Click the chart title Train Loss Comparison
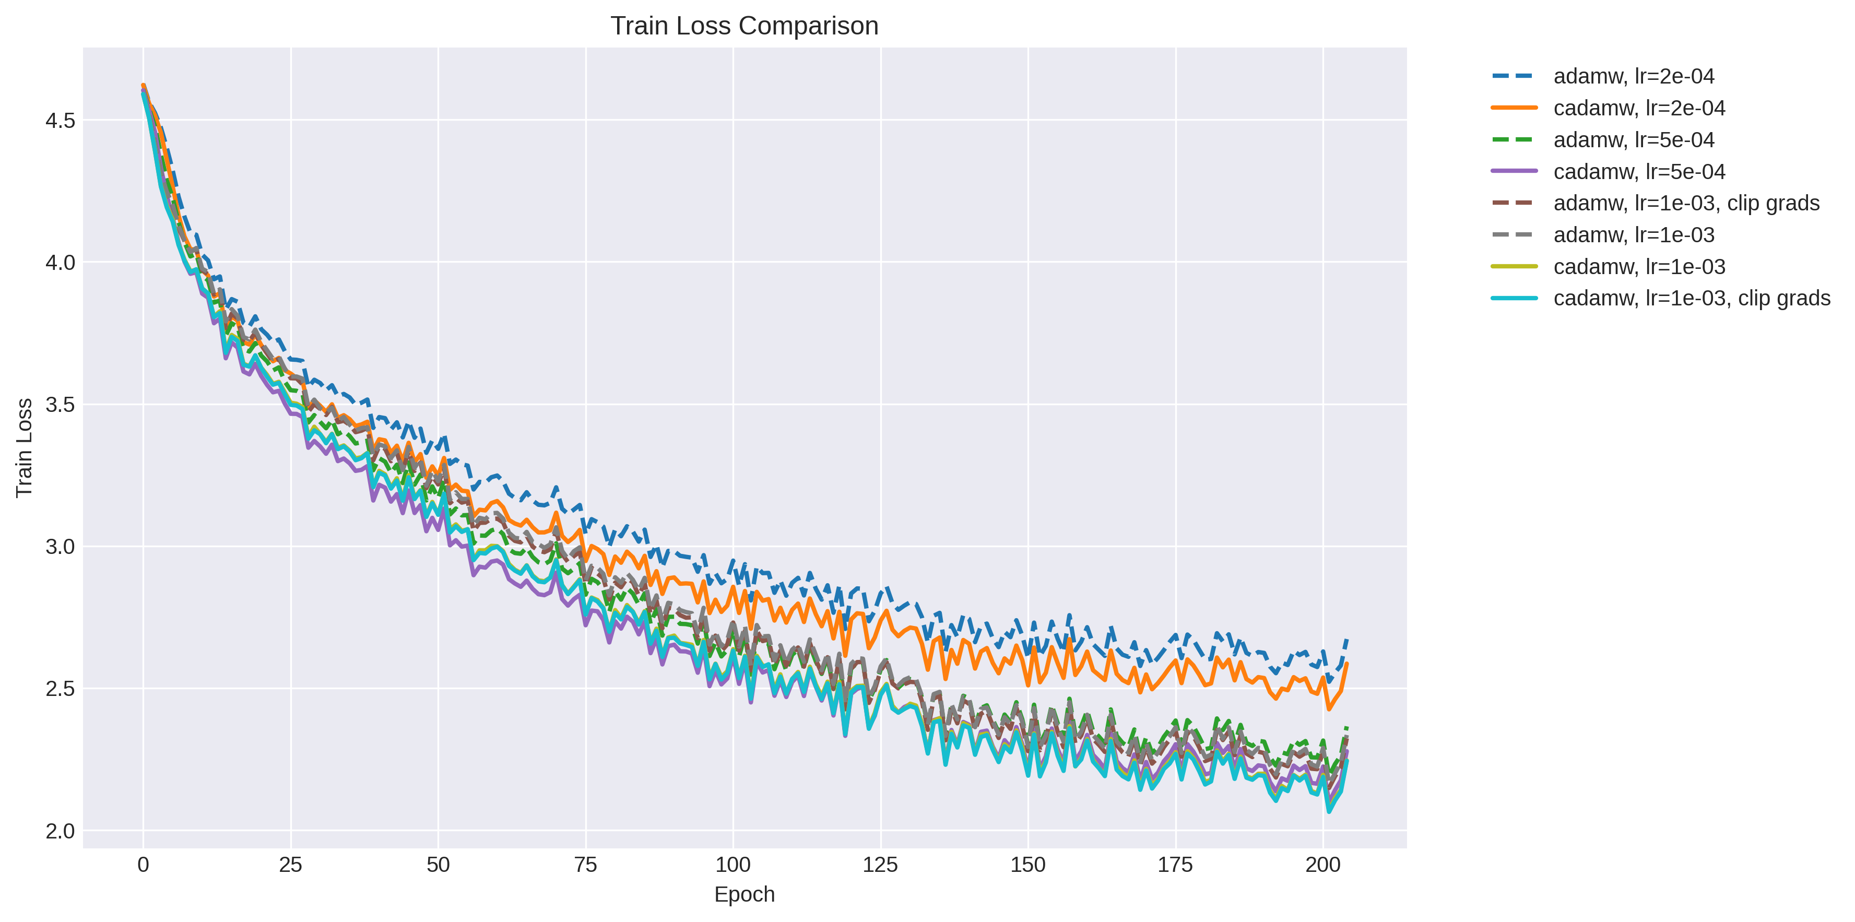click(x=744, y=26)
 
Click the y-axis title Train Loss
click(x=25, y=447)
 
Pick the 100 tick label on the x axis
click(x=732, y=865)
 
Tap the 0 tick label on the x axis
click(x=143, y=865)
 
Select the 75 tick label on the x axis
click(x=585, y=865)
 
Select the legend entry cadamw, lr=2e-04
click(x=1639, y=108)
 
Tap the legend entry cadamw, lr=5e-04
click(x=1639, y=171)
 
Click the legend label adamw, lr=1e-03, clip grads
click(x=1686, y=203)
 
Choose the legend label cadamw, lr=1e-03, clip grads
click(x=1692, y=298)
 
